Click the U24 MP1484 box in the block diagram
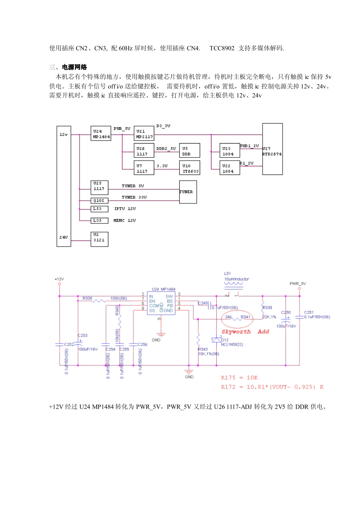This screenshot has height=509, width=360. (x=101, y=134)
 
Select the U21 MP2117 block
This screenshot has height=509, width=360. (x=144, y=134)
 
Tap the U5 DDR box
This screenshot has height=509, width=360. (x=189, y=151)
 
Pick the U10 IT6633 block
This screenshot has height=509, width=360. (x=189, y=168)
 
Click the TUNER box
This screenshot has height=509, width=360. (x=188, y=192)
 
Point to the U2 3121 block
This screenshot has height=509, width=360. (x=99, y=239)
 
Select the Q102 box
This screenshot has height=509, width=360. (x=99, y=200)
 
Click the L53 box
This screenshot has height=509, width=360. (x=99, y=209)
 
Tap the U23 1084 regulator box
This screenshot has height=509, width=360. (x=229, y=151)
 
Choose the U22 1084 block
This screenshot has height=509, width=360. (x=229, y=168)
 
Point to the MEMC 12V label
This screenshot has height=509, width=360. (x=125, y=220)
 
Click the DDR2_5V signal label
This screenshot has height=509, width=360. (x=166, y=148)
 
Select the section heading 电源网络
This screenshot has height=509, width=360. (x=75, y=67)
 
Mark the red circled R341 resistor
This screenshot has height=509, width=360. (x=237, y=318)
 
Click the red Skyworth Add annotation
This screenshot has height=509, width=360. (x=245, y=332)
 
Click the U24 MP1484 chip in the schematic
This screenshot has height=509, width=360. (x=161, y=303)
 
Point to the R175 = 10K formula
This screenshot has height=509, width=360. (x=239, y=378)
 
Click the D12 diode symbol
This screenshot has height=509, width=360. (x=216, y=340)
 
